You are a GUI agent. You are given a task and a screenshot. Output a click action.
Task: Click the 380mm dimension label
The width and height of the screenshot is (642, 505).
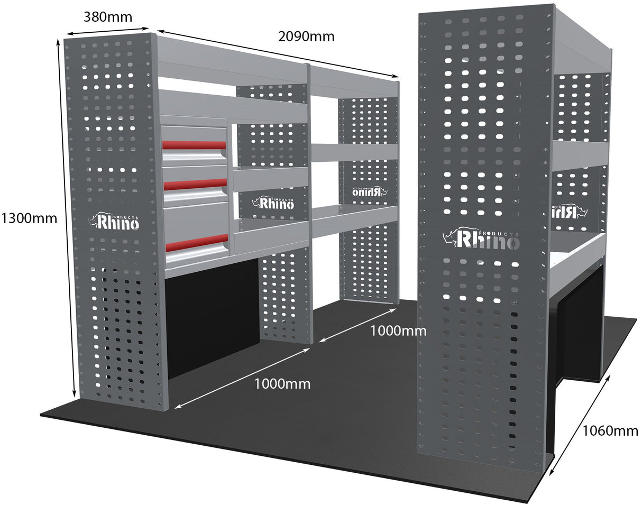[108, 17]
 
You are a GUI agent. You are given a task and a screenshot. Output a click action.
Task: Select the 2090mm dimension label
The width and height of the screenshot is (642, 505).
[306, 36]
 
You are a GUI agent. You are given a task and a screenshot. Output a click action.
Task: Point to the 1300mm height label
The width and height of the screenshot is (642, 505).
[29, 218]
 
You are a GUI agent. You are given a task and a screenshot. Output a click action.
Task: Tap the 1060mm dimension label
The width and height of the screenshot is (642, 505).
[610, 430]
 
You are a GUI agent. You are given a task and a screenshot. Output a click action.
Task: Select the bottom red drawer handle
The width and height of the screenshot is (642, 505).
[196, 243]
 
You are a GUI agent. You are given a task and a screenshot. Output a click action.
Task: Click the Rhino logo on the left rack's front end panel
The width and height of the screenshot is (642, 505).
[117, 222]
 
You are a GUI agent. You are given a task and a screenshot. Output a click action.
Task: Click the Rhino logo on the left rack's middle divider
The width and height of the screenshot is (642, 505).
[273, 203]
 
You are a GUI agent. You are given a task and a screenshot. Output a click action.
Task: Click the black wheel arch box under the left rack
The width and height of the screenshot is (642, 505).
[212, 317]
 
